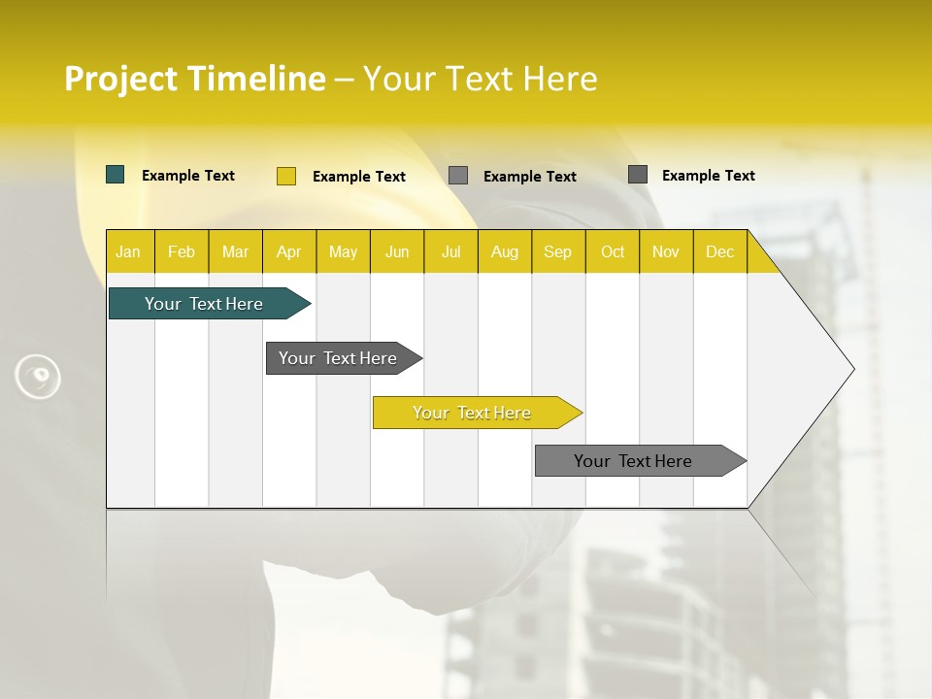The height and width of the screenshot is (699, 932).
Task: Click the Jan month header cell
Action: (x=129, y=251)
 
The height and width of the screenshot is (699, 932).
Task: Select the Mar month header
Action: (x=235, y=251)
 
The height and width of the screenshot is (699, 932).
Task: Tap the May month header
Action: (x=343, y=251)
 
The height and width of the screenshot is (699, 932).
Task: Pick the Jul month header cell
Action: (x=450, y=251)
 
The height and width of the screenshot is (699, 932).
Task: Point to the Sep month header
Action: (x=558, y=251)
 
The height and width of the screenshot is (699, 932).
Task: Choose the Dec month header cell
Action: (x=719, y=251)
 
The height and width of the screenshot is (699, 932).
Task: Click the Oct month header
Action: (x=613, y=251)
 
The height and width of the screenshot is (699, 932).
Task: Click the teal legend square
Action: (x=116, y=175)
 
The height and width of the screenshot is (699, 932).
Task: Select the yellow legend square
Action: (x=286, y=176)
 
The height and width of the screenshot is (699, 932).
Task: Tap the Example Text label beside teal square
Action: (x=188, y=176)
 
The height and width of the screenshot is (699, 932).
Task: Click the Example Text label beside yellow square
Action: (x=359, y=177)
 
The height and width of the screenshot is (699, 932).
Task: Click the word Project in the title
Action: (x=121, y=79)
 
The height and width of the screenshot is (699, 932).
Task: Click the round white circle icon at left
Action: (x=38, y=377)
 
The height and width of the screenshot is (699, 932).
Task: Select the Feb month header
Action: (x=182, y=251)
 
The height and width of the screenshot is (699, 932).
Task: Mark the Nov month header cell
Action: (x=666, y=251)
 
